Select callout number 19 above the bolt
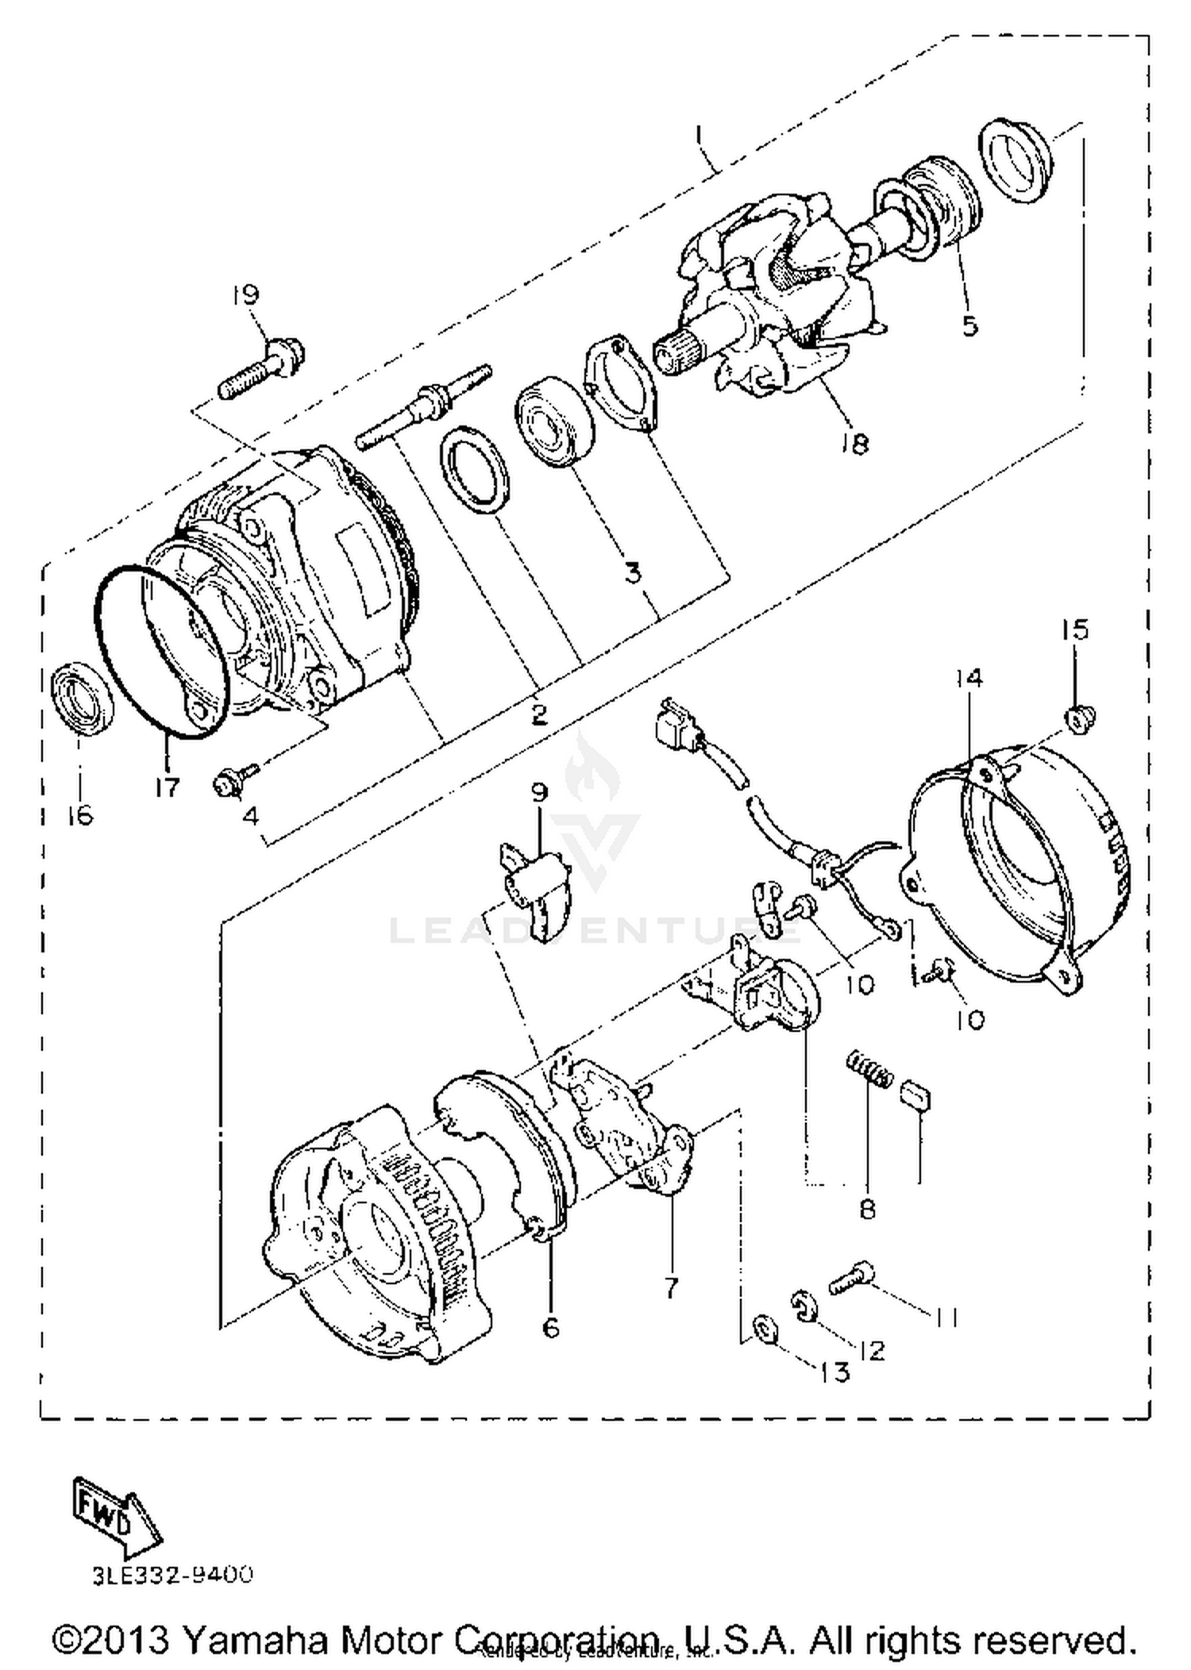point(245,295)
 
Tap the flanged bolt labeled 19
point(262,370)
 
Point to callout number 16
point(80,815)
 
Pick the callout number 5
point(969,326)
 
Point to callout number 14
point(969,678)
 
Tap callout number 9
point(540,792)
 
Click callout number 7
point(672,1288)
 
